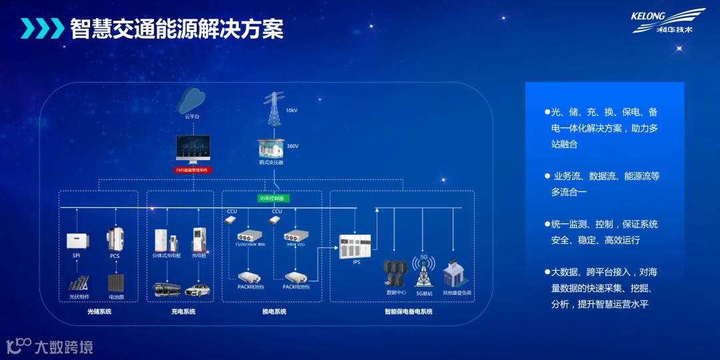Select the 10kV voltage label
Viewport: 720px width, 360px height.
click(x=291, y=110)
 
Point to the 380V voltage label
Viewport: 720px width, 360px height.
click(x=293, y=146)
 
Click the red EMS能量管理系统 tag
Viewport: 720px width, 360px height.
click(x=192, y=171)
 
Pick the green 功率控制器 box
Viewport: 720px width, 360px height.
click(x=273, y=198)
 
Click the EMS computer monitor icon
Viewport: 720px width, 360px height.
click(x=192, y=150)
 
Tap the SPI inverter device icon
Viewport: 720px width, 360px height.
click(x=77, y=241)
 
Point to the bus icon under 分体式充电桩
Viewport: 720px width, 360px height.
click(x=166, y=290)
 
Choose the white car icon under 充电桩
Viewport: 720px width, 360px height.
click(x=197, y=290)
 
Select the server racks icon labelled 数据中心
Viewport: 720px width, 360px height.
click(x=395, y=273)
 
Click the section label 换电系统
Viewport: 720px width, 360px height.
click(x=273, y=311)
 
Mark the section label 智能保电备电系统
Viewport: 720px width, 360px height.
click(x=409, y=311)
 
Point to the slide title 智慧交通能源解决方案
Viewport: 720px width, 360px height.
click(x=177, y=29)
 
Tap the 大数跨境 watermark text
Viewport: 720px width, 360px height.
click(x=63, y=347)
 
